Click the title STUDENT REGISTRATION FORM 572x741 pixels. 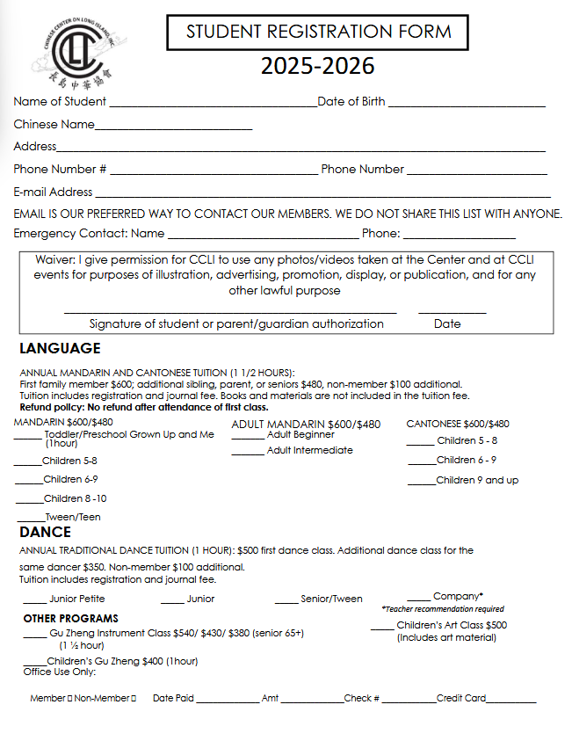(x=318, y=33)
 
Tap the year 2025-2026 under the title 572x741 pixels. (x=317, y=67)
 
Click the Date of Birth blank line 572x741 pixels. (x=466, y=105)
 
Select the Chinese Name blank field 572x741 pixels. (x=173, y=128)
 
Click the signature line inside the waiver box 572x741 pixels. (x=230, y=310)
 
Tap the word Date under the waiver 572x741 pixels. (x=447, y=323)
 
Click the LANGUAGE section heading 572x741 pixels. (x=60, y=348)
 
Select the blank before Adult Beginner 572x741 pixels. (x=248, y=437)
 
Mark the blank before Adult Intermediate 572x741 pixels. (x=248, y=453)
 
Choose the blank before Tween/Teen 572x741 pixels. (x=31, y=519)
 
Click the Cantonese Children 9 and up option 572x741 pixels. (x=477, y=480)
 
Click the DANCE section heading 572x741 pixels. (x=46, y=532)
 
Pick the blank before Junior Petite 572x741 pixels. (x=34, y=601)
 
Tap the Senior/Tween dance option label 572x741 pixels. (x=331, y=599)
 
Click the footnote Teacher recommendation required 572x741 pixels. (x=443, y=608)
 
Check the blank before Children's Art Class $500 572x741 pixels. (x=382, y=628)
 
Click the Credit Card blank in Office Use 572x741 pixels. (x=510, y=701)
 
